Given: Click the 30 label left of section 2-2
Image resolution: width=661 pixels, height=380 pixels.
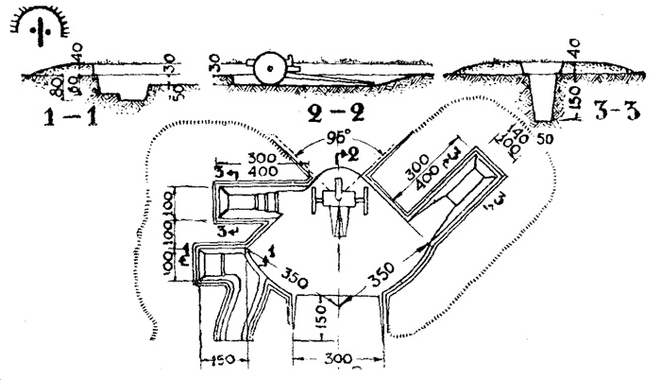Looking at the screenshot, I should pyautogui.click(x=214, y=63).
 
